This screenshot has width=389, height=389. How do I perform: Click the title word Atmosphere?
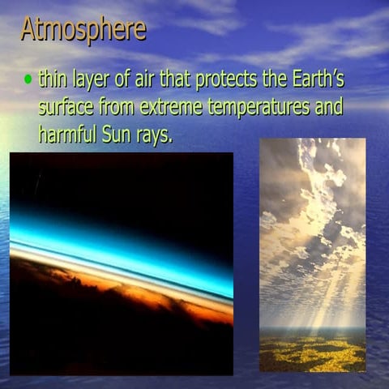click(83, 29)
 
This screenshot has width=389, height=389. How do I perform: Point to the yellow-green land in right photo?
click(312, 353)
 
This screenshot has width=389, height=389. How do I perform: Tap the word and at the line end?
click(329, 107)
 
